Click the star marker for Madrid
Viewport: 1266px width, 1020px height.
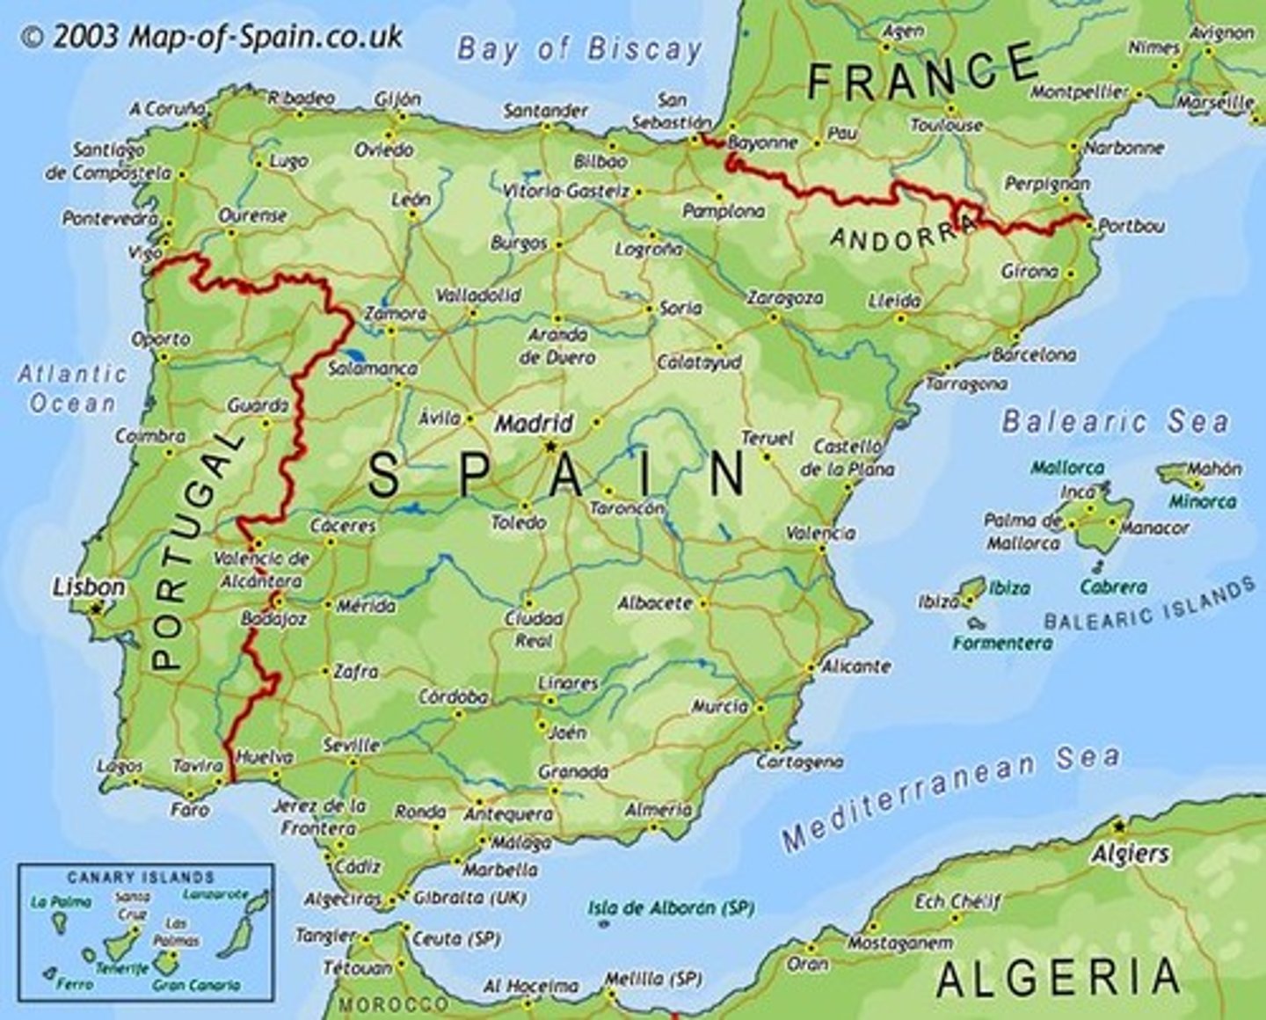click(x=550, y=447)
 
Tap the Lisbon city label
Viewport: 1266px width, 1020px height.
click(x=89, y=586)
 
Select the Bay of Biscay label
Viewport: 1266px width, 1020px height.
click(x=579, y=49)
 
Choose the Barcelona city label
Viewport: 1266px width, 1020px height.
click(x=1034, y=355)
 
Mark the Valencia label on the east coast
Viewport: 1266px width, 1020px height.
click(x=820, y=533)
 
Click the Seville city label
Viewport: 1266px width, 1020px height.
click(x=351, y=745)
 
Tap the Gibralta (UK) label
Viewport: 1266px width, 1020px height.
click(x=460, y=898)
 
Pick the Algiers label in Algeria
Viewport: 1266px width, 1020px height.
click(x=1130, y=853)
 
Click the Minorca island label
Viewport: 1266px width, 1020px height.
click(x=1202, y=501)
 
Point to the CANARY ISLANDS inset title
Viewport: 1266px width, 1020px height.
click(x=141, y=878)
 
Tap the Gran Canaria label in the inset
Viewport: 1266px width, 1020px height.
click(x=196, y=986)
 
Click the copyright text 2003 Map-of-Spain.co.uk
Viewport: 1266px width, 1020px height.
click(x=211, y=37)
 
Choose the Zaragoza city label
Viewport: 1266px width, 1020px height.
click(x=785, y=298)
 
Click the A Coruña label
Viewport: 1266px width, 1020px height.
click(x=167, y=109)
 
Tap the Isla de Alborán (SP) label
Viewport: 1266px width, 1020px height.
click(x=671, y=907)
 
